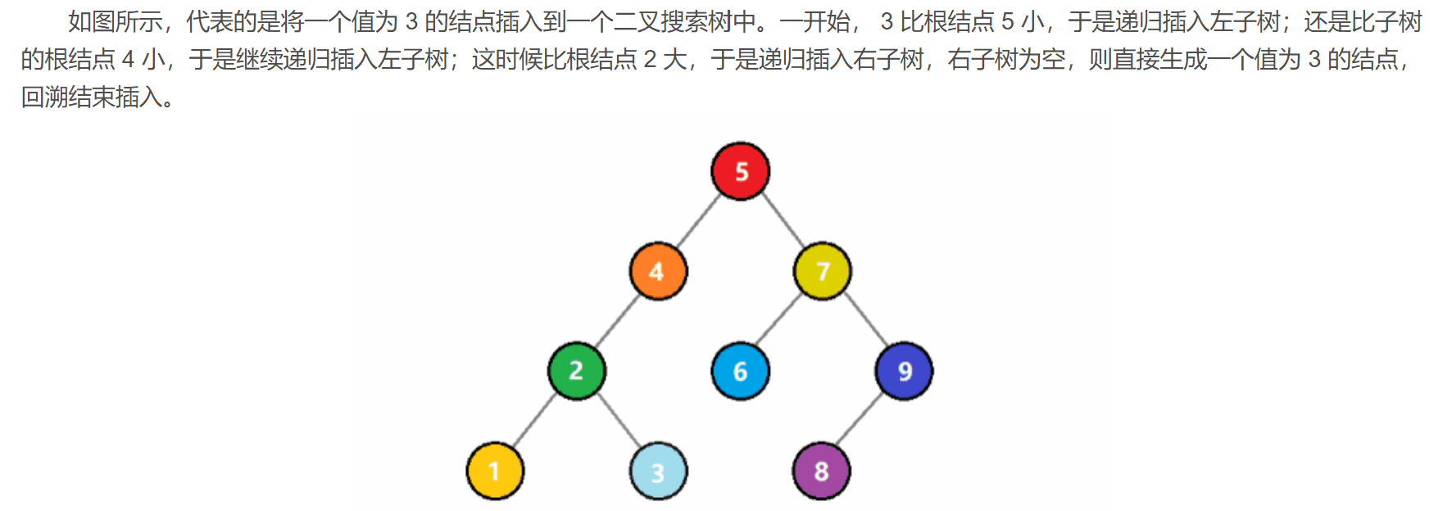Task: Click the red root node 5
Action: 740,171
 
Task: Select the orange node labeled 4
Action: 658,271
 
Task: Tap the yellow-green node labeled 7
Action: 822,271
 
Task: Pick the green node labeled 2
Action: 576,371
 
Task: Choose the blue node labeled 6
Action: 740,371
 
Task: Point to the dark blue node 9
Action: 904,371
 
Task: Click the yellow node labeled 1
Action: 494,471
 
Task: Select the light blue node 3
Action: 658,471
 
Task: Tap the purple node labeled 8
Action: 821,471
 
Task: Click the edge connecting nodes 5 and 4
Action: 699,221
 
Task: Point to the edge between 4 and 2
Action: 617,321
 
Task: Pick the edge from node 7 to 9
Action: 864,321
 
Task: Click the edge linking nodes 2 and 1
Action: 535,421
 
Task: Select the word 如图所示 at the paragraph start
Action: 115,22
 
